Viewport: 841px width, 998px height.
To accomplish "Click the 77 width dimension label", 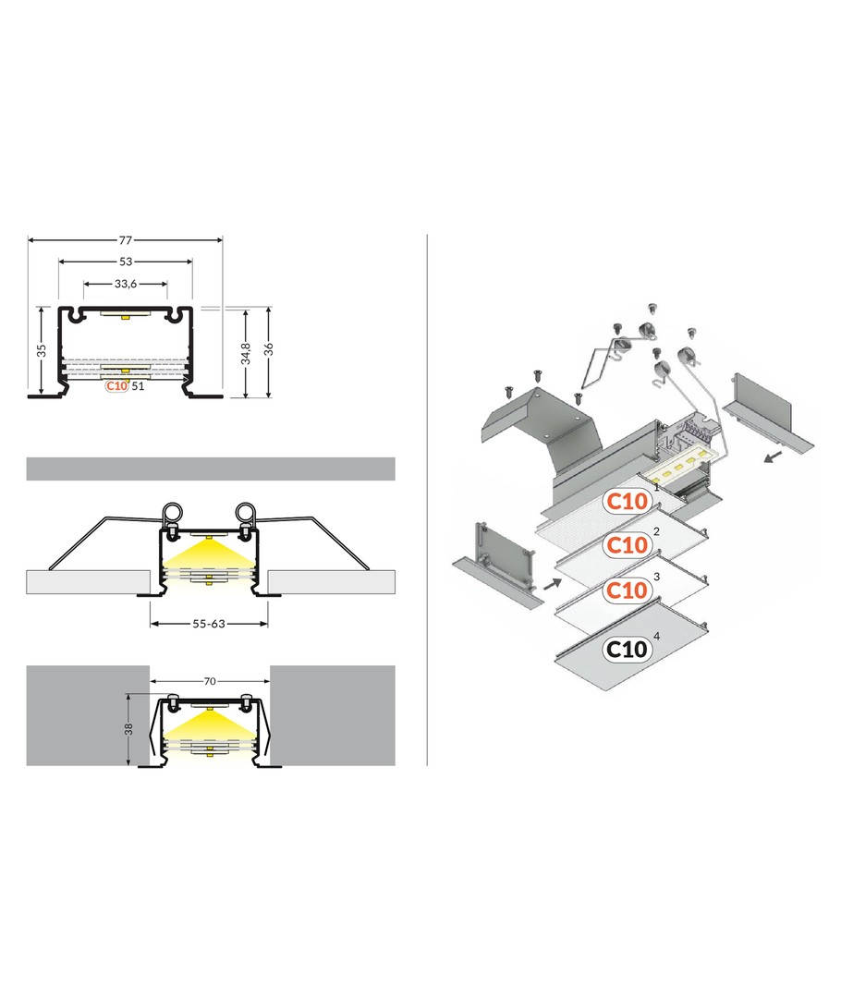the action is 126,240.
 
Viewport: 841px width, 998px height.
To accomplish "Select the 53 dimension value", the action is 126,262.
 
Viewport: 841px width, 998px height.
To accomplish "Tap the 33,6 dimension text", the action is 126,284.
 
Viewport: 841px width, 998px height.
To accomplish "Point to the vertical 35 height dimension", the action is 42,351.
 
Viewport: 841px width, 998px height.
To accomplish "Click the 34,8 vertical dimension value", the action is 246,354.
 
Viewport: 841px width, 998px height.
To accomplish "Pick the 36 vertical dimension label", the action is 269,348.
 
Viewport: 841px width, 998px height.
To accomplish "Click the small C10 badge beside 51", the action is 117,385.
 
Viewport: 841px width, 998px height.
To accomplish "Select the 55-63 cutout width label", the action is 209,624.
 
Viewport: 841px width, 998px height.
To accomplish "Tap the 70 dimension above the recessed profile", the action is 210,681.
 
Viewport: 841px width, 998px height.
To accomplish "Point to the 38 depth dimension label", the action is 128,729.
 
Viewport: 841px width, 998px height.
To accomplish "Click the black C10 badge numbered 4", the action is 627,650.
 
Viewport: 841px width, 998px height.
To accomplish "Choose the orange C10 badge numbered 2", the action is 628,545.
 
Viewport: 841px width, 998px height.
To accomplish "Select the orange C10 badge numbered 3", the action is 628,590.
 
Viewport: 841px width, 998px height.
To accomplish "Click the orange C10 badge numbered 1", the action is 628,501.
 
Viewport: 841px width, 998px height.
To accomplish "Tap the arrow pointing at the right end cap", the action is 773,456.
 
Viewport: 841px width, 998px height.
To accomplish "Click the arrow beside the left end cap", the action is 553,583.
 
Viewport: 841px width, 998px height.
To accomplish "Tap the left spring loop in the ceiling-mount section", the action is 172,512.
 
